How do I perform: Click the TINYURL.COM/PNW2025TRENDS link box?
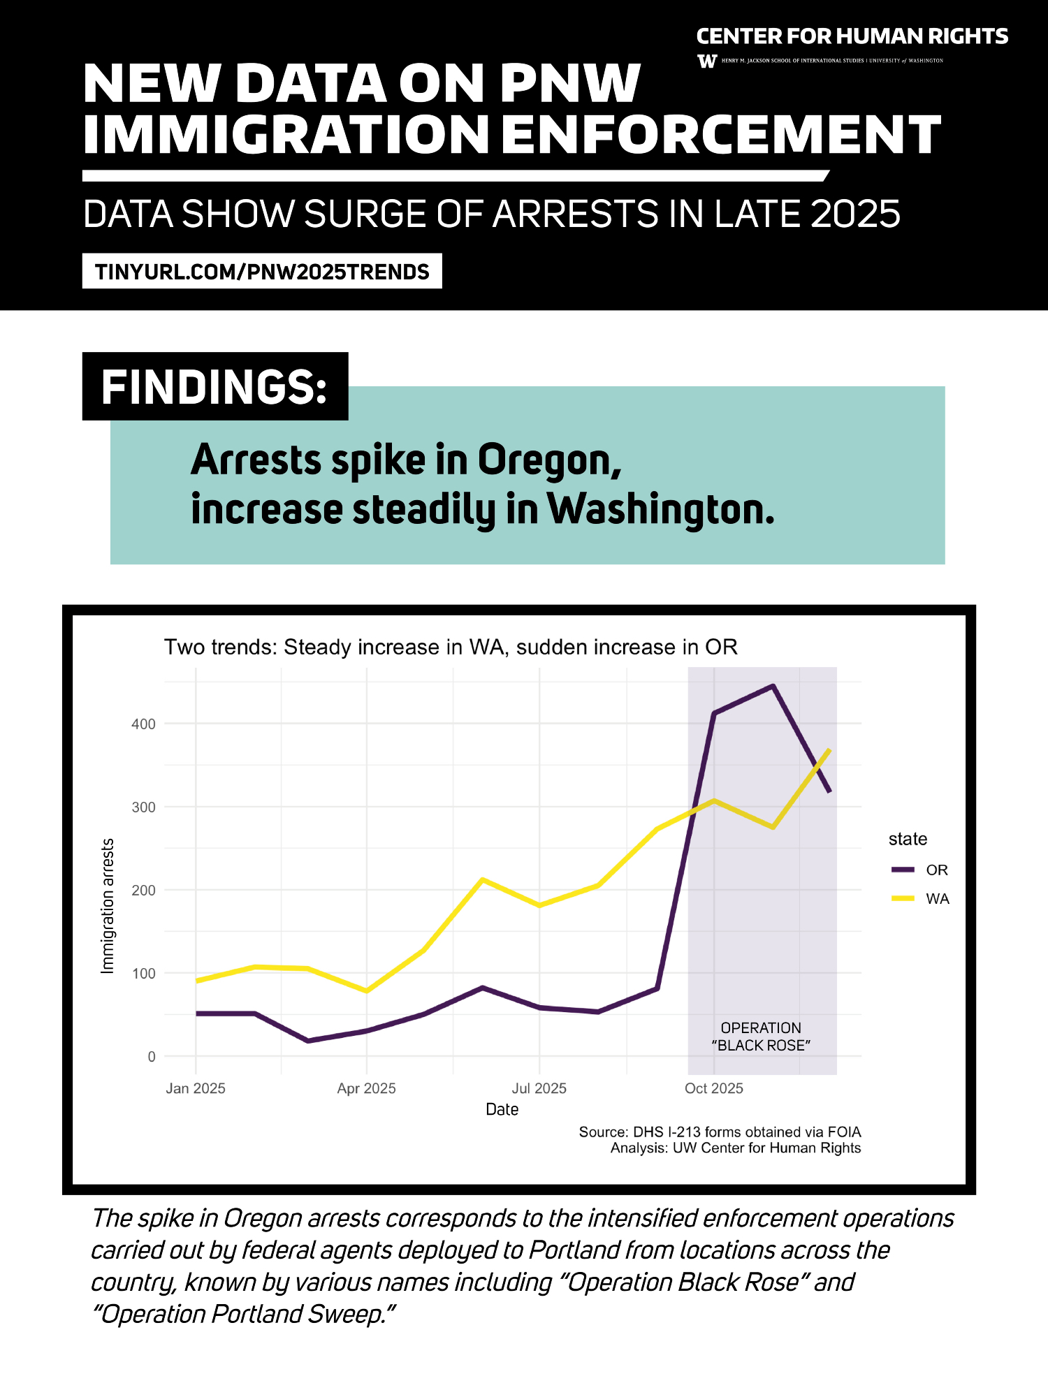(x=262, y=271)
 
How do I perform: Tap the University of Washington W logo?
(x=707, y=61)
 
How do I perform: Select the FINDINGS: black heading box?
(x=215, y=386)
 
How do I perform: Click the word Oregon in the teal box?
(x=549, y=461)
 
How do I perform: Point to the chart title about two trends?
(x=451, y=647)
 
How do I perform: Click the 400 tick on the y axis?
(x=143, y=724)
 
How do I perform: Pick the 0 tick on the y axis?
(x=151, y=1056)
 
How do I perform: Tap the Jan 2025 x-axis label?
(x=196, y=1088)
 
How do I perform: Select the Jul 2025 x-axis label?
(x=539, y=1088)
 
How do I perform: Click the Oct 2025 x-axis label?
(x=713, y=1088)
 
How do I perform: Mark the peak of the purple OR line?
(x=773, y=686)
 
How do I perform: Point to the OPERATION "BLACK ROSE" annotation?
(x=761, y=1037)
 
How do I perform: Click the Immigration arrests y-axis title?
(x=107, y=905)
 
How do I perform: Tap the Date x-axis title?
(x=502, y=1109)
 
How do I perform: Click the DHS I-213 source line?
(x=720, y=1132)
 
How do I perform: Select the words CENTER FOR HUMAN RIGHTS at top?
(x=852, y=36)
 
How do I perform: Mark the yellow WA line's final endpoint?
(x=829, y=749)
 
